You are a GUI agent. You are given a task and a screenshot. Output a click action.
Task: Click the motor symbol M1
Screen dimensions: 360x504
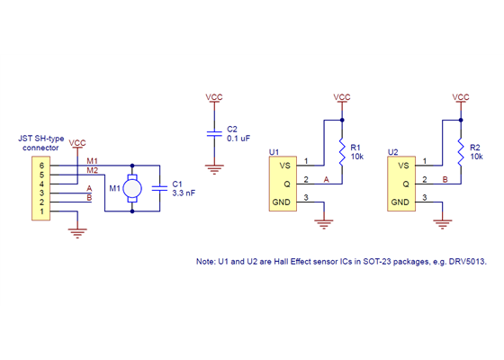click(x=132, y=188)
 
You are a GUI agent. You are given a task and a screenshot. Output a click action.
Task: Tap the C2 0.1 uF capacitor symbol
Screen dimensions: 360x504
click(x=214, y=133)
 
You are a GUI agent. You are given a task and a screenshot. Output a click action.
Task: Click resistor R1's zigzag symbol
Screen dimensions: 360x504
click(x=342, y=153)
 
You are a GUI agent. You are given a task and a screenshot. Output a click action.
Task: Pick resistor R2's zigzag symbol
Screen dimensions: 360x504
click(x=461, y=153)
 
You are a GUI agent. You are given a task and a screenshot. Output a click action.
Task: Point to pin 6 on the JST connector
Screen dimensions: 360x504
click(x=40, y=166)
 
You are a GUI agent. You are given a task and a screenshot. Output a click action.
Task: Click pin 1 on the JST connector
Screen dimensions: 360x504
click(x=40, y=212)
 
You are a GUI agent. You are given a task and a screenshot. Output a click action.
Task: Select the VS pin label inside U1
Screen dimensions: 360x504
click(x=285, y=165)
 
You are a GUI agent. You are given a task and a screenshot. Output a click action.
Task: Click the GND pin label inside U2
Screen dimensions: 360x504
click(x=400, y=201)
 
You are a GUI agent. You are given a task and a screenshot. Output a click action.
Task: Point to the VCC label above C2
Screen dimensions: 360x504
click(x=214, y=96)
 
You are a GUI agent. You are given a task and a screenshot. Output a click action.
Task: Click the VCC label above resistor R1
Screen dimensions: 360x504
click(x=342, y=96)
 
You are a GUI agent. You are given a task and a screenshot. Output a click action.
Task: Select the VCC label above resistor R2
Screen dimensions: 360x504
click(x=461, y=96)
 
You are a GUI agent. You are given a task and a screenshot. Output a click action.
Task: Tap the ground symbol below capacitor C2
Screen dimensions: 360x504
click(x=214, y=166)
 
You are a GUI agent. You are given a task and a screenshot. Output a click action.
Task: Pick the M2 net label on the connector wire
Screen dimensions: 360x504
click(x=93, y=170)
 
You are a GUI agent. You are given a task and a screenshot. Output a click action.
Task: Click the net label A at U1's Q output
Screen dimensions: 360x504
click(x=326, y=180)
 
